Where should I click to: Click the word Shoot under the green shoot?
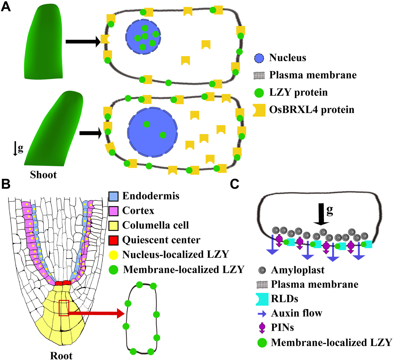[x=43, y=175]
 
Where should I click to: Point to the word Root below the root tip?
[x=61, y=355]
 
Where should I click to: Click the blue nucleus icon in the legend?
[x=259, y=58]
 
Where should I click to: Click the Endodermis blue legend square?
[x=113, y=196]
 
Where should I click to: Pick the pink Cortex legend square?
[x=113, y=211]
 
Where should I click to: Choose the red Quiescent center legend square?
[x=113, y=239]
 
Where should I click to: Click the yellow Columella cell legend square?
[x=113, y=225]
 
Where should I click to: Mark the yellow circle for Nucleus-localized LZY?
[x=113, y=255]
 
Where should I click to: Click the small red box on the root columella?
[x=64, y=308]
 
